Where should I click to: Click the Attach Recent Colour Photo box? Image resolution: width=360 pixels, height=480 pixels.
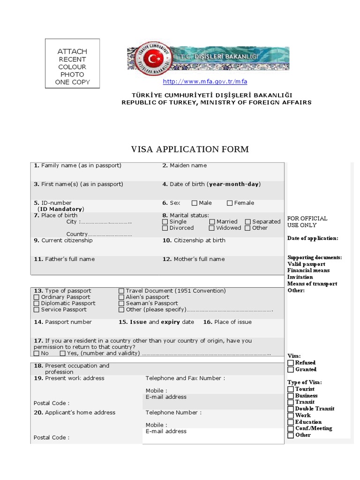(72, 63)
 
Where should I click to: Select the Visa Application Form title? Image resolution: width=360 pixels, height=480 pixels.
(189, 150)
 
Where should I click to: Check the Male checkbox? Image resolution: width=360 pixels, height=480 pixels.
(195, 203)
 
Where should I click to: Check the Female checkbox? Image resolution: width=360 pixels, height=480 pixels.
(230, 203)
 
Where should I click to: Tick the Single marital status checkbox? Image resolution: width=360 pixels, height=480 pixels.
(165, 222)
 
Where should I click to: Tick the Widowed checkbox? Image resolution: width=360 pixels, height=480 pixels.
(212, 228)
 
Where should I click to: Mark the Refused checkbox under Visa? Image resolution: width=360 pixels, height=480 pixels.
(291, 363)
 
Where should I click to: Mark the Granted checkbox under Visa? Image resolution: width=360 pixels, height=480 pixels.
(291, 369)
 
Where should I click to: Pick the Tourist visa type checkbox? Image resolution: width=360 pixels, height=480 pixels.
(291, 389)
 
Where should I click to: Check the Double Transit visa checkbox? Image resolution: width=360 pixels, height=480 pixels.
(291, 409)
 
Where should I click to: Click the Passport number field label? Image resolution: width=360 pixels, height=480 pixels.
(62, 322)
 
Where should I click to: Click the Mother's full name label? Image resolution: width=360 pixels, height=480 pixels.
(194, 259)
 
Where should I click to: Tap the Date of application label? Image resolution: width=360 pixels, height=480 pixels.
(312, 238)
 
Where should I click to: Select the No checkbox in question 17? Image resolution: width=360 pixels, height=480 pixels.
(37, 353)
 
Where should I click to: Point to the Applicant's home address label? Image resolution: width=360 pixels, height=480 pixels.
(75, 412)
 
